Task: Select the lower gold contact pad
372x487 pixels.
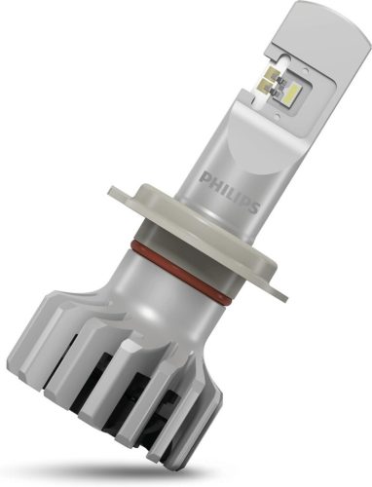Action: point(270,91)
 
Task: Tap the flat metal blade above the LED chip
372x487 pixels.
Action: point(321,49)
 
